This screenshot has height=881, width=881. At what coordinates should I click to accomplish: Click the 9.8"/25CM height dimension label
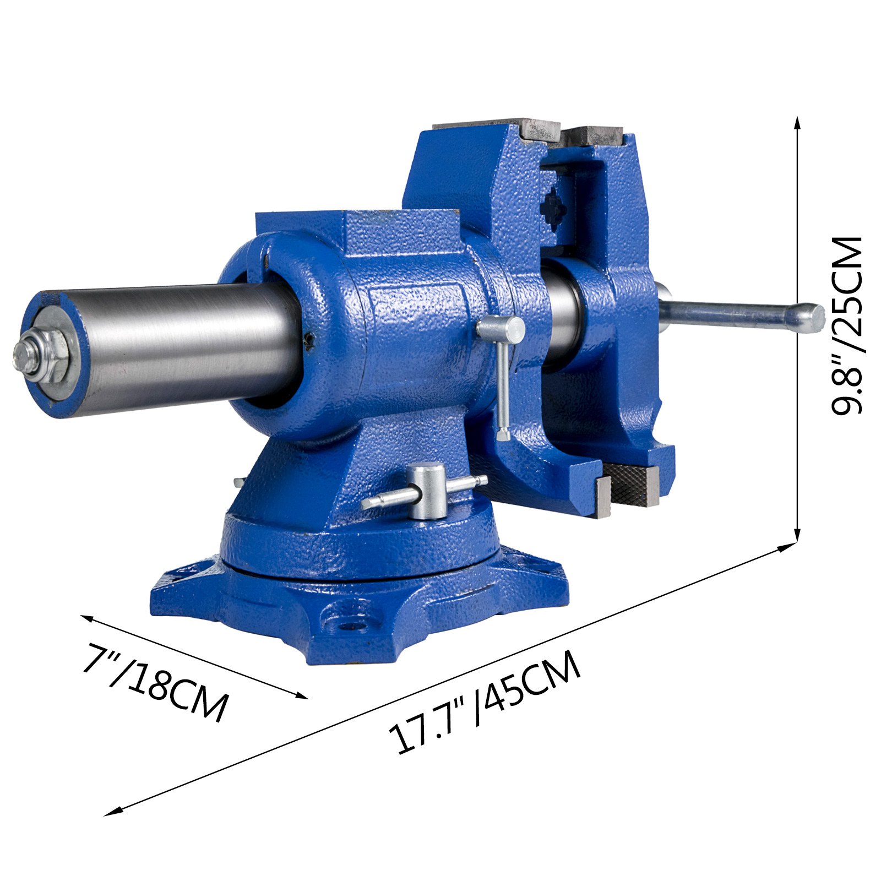coord(846,325)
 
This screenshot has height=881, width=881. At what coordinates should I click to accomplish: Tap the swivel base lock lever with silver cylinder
coord(427,492)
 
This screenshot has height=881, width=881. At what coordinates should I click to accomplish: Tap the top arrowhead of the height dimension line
coord(797,122)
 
